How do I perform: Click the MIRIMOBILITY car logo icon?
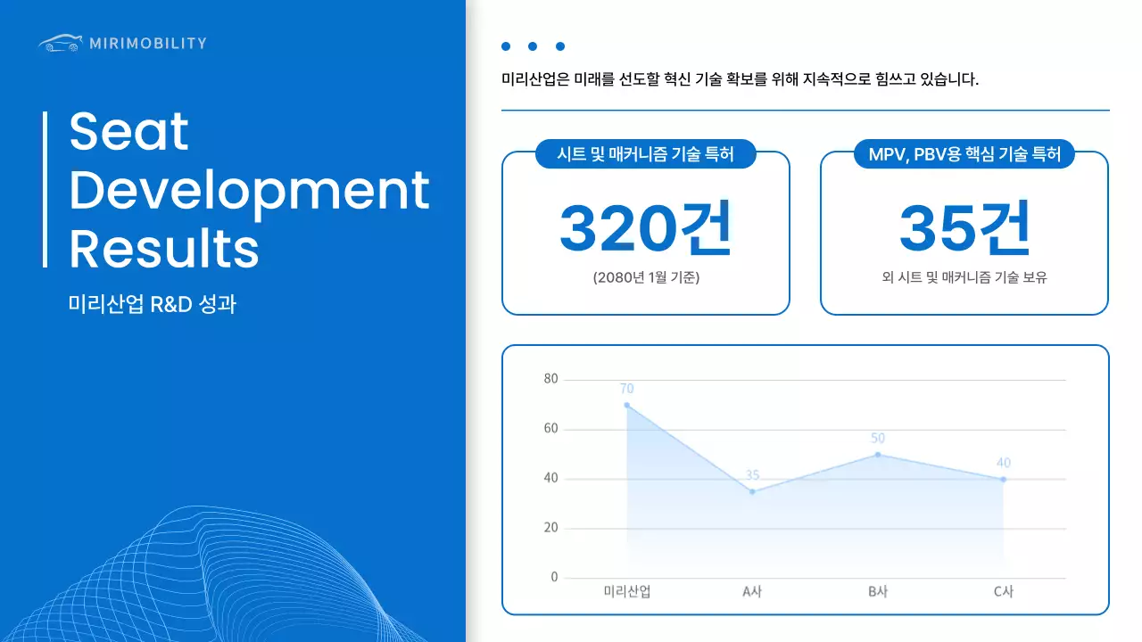60,43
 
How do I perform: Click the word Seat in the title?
129,132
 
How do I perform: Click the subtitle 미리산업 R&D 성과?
153,305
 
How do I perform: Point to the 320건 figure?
645,228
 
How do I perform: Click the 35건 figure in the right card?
964,228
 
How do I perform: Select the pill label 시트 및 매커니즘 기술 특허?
645,154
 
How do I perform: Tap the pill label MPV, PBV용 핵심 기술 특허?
964,154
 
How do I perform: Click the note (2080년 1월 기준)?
645,277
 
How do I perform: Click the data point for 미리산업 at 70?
626,405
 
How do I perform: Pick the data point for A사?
752,491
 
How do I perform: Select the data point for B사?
878,455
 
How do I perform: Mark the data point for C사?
1003,480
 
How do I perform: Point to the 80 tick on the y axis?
550,379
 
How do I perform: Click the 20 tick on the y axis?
550,528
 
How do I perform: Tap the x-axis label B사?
878,591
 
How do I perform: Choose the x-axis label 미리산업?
626,591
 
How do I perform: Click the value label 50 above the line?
878,438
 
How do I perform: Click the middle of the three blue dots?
533,46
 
